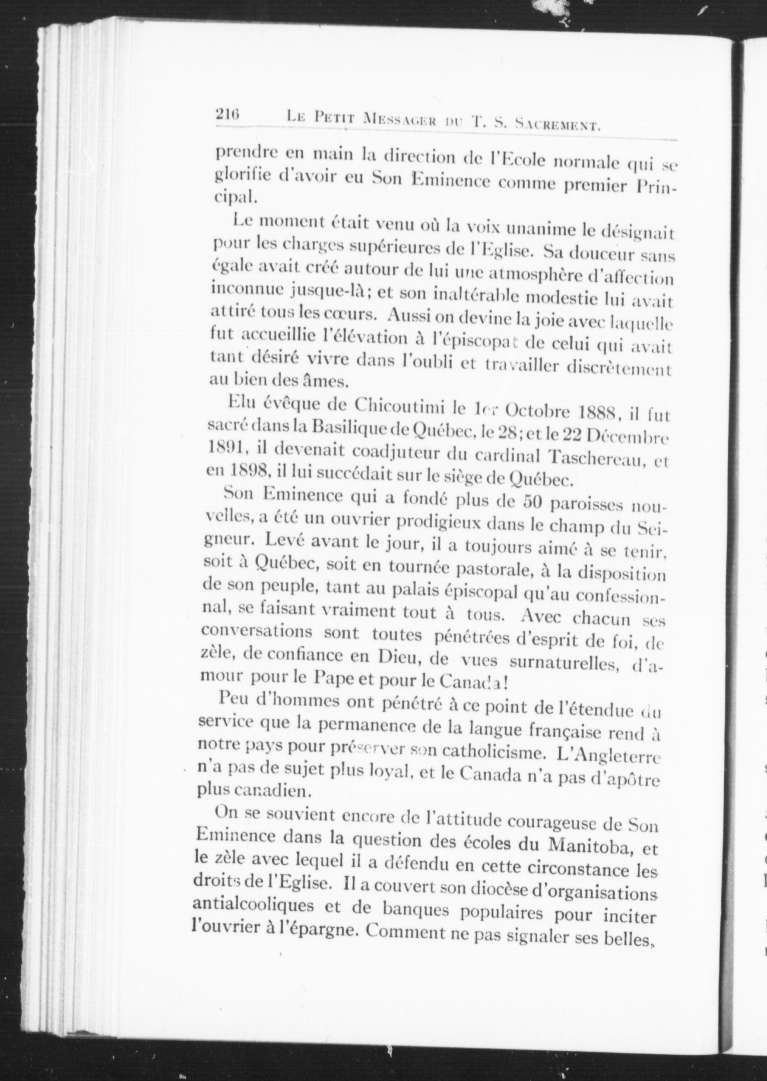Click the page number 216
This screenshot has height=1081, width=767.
(228, 115)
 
